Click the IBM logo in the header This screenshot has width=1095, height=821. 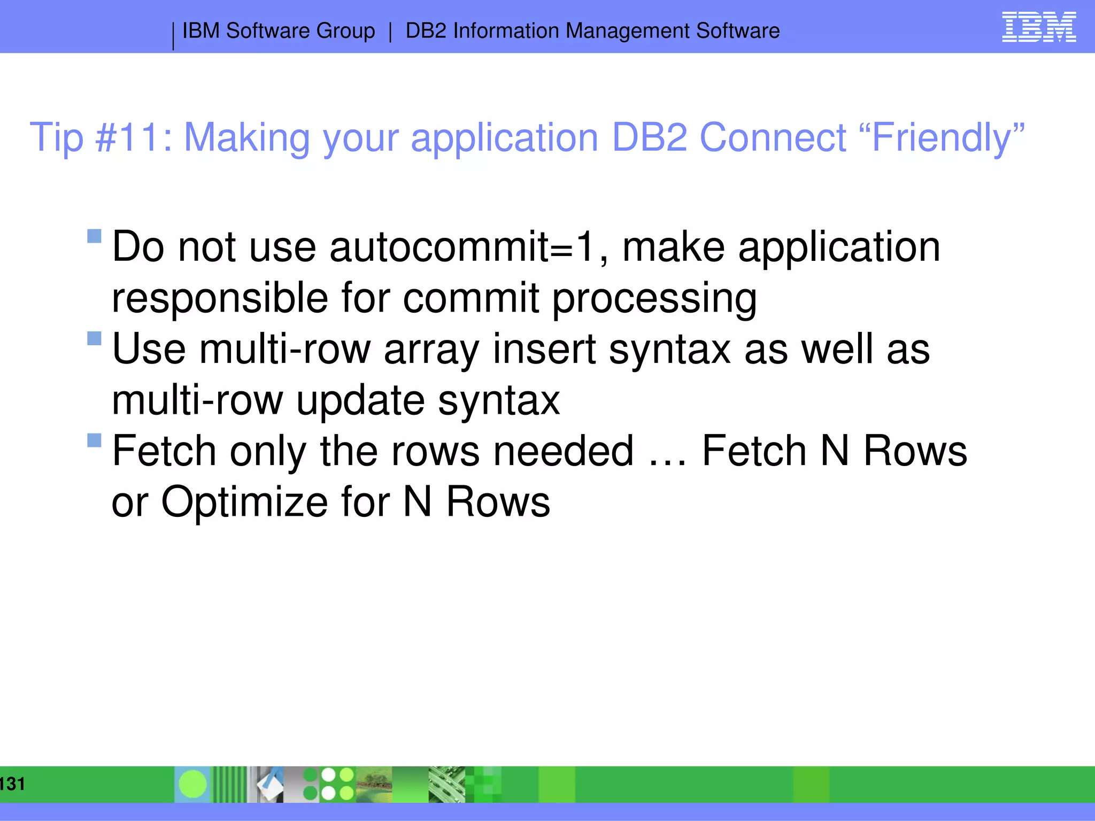tap(1038, 27)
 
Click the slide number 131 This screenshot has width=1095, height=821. tap(12, 784)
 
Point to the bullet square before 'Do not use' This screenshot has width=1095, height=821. tap(94, 236)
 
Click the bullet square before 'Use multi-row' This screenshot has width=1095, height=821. tap(94, 338)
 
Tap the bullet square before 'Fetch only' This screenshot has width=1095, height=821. tap(94, 440)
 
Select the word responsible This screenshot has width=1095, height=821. tap(220, 298)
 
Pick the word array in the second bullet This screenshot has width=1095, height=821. tap(431, 350)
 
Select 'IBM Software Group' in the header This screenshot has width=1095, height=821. tap(279, 31)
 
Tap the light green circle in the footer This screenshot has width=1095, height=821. tap(192, 784)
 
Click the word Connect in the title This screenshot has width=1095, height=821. tap(773, 138)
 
